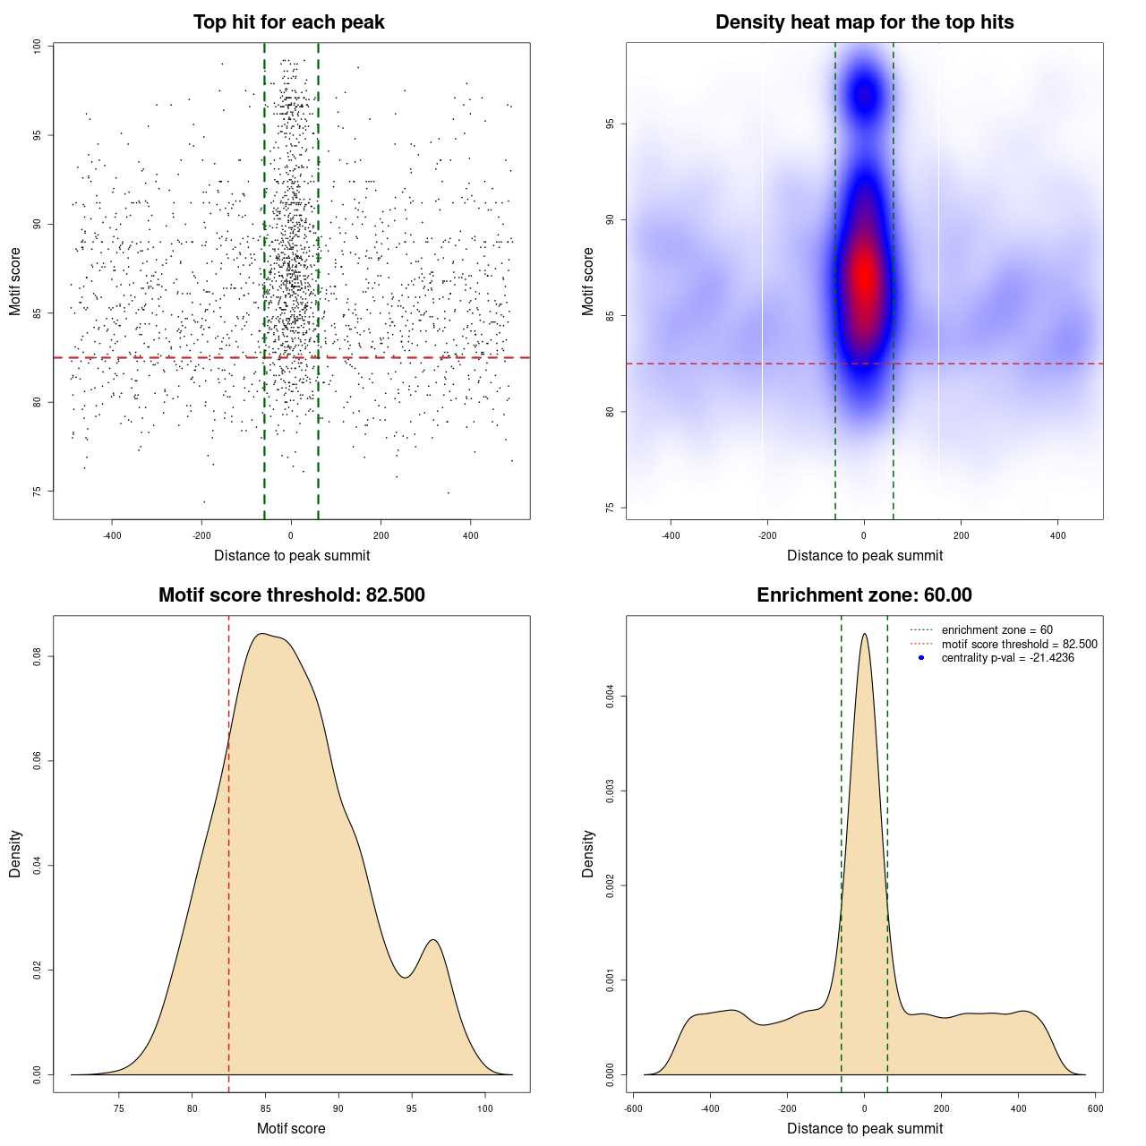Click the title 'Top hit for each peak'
(x=288, y=22)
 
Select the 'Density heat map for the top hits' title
(x=864, y=22)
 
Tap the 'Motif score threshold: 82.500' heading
(x=291, y=595)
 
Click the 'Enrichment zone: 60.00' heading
(x=864, y=595)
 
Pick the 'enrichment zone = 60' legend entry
(x=996, y=630)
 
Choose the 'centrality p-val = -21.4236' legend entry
(x=1007, y=658)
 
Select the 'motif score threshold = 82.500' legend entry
(x=1019, y=645)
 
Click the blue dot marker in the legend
(x=921, y=658)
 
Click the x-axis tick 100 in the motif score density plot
(x=485, y=1108)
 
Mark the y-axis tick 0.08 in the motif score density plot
(x=38, y=657)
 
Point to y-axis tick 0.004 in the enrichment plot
(x=611, y=697)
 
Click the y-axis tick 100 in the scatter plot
(x=38, y=47)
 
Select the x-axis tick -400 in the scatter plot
(x=112, y=535)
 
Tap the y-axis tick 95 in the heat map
(x=611, y=124)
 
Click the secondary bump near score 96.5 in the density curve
(x=433, y=940)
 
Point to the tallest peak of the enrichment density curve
(x=864, y=635)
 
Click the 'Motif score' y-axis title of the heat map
(x=587, y=281)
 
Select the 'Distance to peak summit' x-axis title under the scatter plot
(x=292, y=556)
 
